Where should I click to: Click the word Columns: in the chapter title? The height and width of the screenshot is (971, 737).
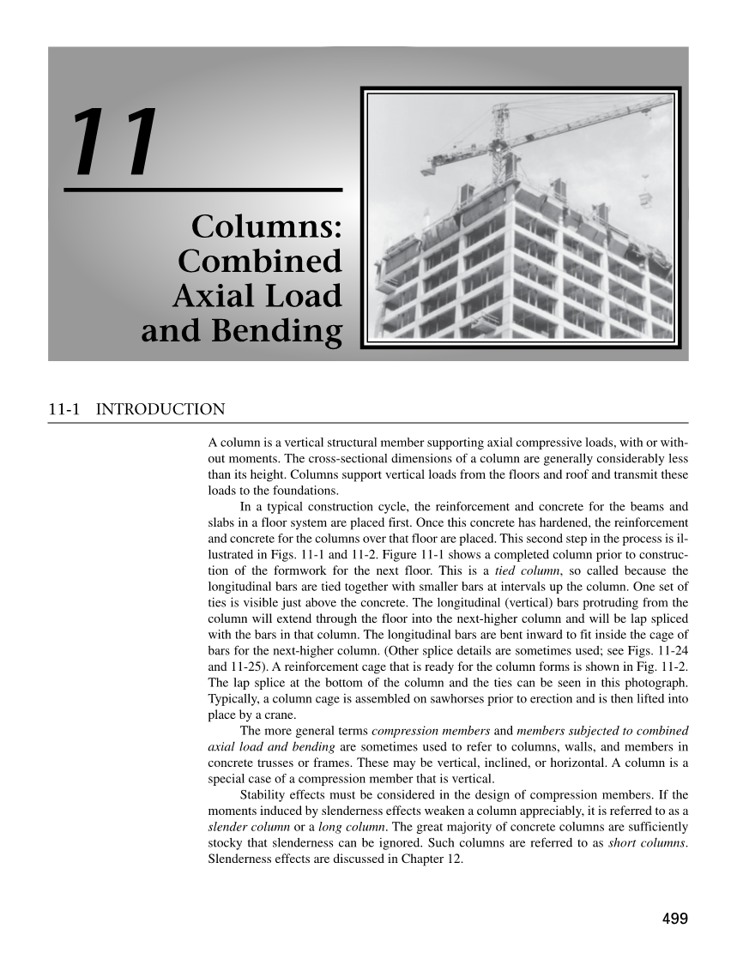pyautogui.click(x=267, y=227)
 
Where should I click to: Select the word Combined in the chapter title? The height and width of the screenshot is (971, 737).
pyautogui.click(x=260, y=262)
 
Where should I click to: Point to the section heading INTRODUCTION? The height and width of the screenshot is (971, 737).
pyautogui.click(x=160, y=409)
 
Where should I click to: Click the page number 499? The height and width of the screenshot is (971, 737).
pyautogui.click(x=675, y=919)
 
